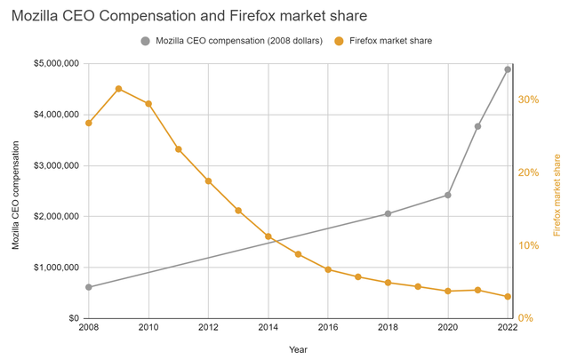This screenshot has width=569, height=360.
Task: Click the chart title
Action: tap(189, 16)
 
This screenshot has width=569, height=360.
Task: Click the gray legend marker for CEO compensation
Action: tap(145, 41)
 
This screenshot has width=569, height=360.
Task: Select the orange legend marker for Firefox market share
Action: tap(339, 41)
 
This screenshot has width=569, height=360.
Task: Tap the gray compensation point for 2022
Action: tap(508, 69)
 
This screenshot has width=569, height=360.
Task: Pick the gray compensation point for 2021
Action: tap(477, 126)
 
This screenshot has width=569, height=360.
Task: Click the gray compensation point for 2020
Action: tap(448, 195)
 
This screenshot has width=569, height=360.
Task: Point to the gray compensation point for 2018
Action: tap(388, 213)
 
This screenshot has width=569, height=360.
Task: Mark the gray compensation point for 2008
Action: tap(89, 287)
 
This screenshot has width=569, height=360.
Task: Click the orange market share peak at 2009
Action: tap(118, 89)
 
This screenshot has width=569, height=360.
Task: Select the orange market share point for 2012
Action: tap(208, 180)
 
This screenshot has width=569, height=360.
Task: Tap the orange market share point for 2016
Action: tap(328, 269)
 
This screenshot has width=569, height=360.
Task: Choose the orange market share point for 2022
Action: tap(508, 297)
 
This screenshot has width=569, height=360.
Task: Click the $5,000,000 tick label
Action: tap(56, 64)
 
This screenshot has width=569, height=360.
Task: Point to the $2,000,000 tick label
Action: tap(56, 217)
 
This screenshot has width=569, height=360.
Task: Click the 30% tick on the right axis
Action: tap(528, 100)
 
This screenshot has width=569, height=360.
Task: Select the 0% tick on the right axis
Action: tap(525, 318)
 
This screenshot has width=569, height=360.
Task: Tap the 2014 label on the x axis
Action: tap(268, 327)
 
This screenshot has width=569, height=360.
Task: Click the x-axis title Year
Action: tap(298, 350)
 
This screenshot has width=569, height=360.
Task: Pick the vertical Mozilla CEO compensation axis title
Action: tap(15, 196)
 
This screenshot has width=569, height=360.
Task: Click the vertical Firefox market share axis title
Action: tap(557, 196)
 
